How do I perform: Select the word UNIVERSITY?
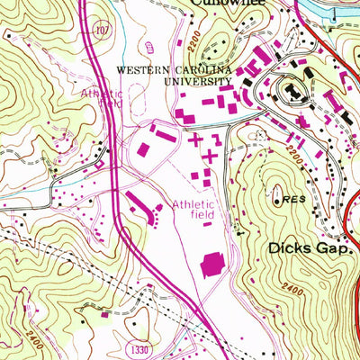(197, 82)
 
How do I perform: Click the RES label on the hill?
(289, 199)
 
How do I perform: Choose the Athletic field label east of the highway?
(193, 210)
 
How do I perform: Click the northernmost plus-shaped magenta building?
(196, 139)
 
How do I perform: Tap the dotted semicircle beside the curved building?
(157, 212)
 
